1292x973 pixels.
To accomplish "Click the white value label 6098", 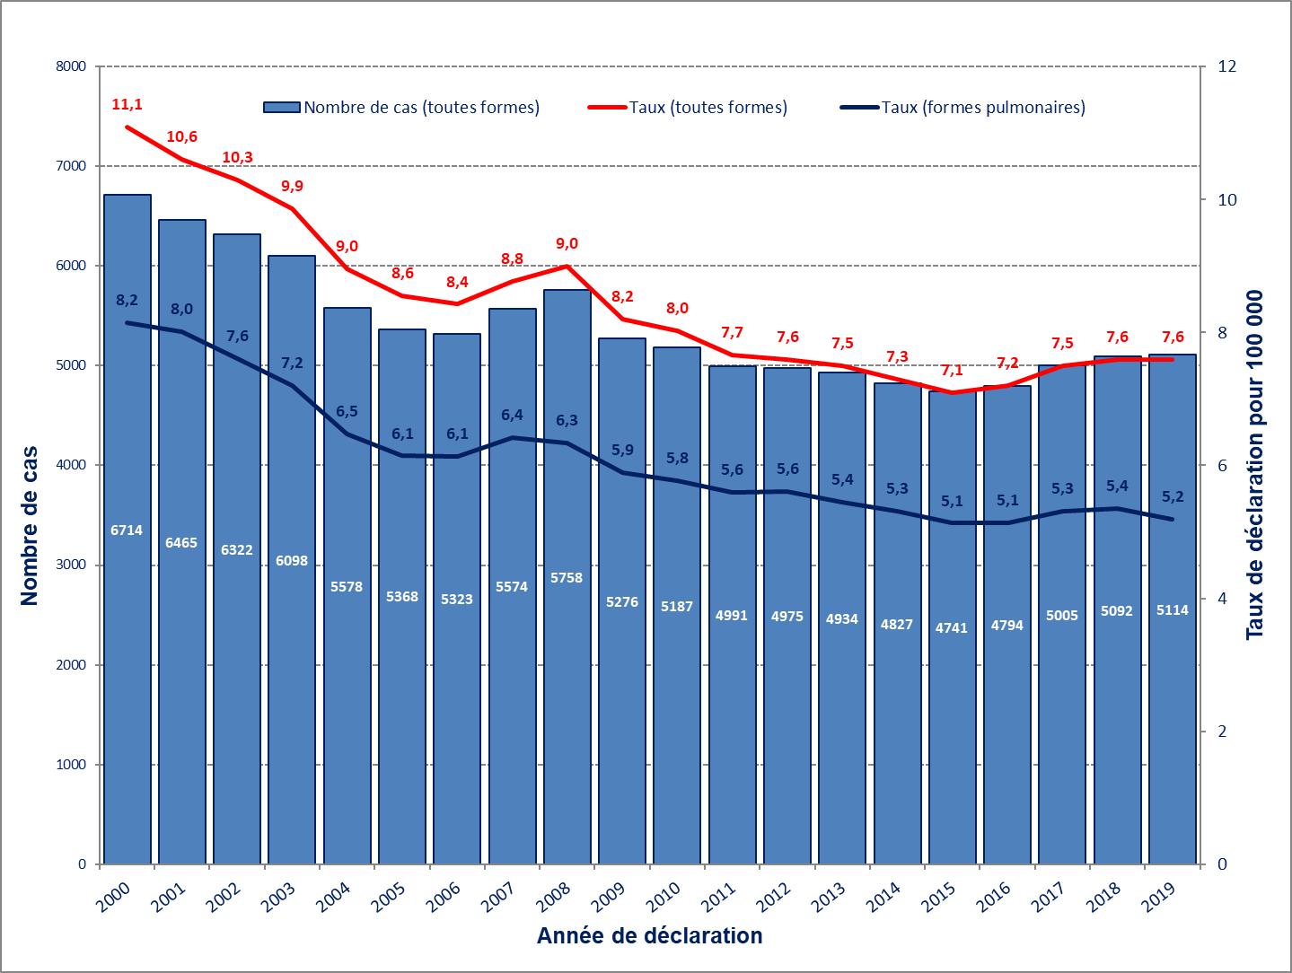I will (x=292, y=561).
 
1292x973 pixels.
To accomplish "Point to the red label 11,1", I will (x=127, y=105).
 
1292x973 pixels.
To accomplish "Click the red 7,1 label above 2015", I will (x=952, y=371).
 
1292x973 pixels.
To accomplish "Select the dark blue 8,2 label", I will (x=127, y=301).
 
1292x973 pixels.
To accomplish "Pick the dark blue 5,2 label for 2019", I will (x=1173, y=497).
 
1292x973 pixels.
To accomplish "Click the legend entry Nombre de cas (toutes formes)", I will (x=402, y=108).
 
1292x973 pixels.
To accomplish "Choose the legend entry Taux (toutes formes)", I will (x=689, y=108).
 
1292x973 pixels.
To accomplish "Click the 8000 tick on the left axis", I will (x=71, y=66).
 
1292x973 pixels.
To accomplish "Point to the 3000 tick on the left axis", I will (x=71, y=565).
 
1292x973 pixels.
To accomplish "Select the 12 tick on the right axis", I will (x=1226, y=66).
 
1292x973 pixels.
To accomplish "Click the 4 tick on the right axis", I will (x=1222, y=599).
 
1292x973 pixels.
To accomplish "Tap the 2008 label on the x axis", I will (x=553, y=897).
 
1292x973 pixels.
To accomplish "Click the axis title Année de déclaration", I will (x=649, y=936).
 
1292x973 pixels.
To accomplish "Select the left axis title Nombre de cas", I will (x=30, y=526).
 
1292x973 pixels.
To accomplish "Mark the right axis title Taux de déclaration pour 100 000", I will (x=1254, y=465).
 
